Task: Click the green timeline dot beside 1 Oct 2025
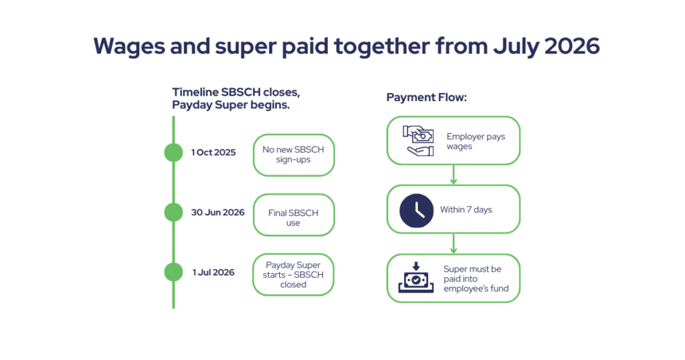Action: pos(173,153)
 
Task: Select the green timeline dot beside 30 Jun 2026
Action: pos(173,212)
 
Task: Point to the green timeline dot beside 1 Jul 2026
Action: pos(173,272)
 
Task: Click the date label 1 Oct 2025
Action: pos(213,153)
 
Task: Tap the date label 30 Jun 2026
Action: pos(217,212)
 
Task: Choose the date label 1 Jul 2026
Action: pos(213,272)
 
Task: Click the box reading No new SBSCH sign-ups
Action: pos(294,155)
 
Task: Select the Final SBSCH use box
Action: pos(294,215)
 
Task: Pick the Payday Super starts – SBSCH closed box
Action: pos(293,275)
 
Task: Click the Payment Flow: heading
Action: pos(426,98)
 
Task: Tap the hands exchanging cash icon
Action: pos(418,141)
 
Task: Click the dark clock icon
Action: pos(416,211)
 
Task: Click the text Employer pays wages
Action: pos(476,141)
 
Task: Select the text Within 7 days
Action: pos(466,209)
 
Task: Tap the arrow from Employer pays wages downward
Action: pos(454,175)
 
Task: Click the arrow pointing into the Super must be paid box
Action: pos(454,244)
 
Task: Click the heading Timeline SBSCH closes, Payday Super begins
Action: pos(236,99)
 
